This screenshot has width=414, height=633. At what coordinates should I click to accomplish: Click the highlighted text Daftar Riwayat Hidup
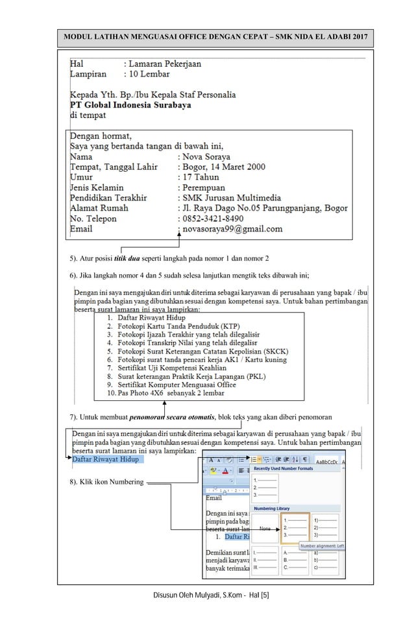(x=104, y=460)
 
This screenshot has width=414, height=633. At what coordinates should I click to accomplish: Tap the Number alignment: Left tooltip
(x=321, y=546)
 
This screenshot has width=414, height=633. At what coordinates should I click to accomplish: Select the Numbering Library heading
(x=272, y=508)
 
